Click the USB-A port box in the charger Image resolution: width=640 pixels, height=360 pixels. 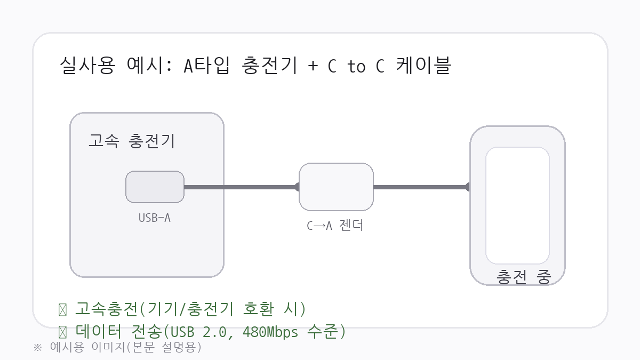pyautogui.click(x=155, y=187)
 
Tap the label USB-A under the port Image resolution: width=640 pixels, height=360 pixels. pyautogui.click(x=155, y=218)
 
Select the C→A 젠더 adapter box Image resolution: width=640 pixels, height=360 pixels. pyautogui.click(x=336, y=187)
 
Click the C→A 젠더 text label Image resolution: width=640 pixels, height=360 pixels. pyautogui.click(x=335, y=226)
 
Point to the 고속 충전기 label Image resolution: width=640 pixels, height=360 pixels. pyautogui.click(x=131, y=141)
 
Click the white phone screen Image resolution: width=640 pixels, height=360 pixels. pyautogui.click(x=517, y=205)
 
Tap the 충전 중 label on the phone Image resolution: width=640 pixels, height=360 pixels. pyautogui.click(x=523, y=276)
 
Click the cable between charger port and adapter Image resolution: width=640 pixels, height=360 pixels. pyautogui.click(x=240, y=187)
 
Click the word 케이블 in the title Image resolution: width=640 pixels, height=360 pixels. pyautogui.click(x=424, y=66)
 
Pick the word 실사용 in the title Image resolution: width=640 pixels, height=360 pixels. pyautogui.click(x=87, y=66)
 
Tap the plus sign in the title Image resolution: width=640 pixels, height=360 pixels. pyautogui.click(x=312, y=66)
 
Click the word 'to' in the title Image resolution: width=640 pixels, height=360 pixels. pyautogui.click(x=356, y=67)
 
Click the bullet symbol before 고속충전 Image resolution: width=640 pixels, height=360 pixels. pyautogui.click(x=62, y=309)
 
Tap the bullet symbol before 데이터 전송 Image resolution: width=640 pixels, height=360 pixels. pyautogui.click(x=62, y=332)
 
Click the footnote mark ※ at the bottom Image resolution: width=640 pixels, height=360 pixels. pyautogui.click(x=37, y=347)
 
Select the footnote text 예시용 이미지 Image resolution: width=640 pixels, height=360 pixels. pyautogui.click(x=80, y=347)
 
